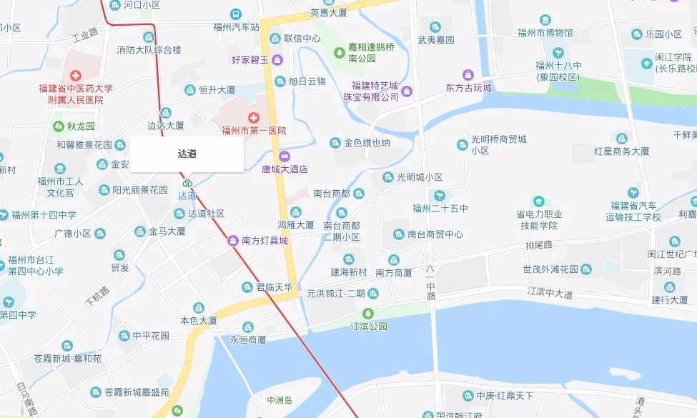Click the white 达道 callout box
coord(187,154)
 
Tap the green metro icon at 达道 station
coord(187,183)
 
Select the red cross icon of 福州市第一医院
coord(253,118)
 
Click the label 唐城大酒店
coord(284,169)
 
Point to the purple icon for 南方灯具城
coord(233,241)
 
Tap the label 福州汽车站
coord(236,27)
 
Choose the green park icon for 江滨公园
coord(368,313)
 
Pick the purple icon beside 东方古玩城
coord(468,75)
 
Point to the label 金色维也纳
coord(367,143)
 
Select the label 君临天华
coord(275,287)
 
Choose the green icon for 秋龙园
coord(59,126)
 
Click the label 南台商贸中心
coord(435,234)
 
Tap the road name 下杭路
coord(97,295)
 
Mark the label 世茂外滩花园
coord(550,269)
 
